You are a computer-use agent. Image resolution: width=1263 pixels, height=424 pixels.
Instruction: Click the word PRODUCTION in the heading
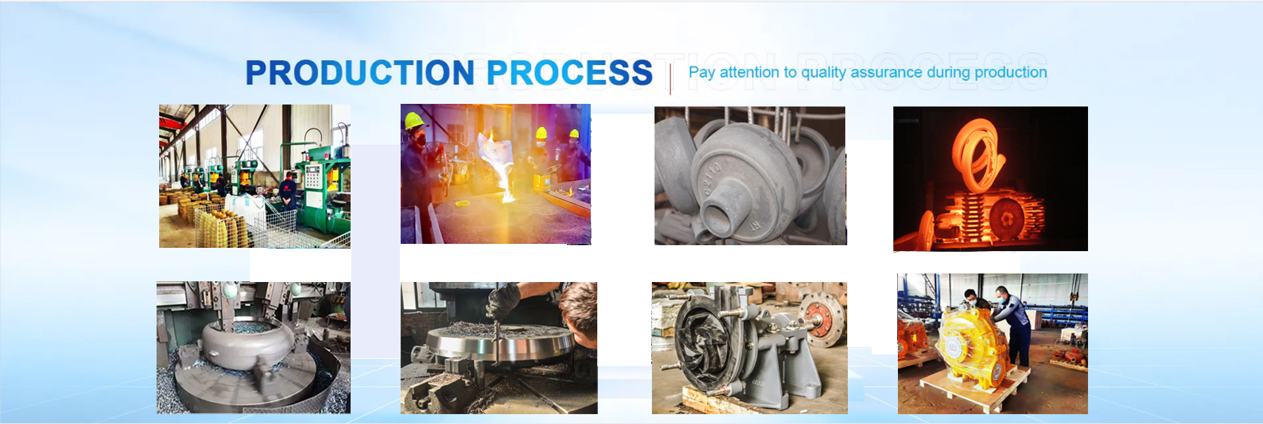[x=360, y=72]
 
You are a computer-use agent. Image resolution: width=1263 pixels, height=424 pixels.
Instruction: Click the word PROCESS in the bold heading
[x=570, y=72]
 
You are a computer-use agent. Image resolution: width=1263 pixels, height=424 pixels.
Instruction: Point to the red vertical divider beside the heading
[x=670, y=80]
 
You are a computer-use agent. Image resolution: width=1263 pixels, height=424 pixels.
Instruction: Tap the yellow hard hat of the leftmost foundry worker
[x=414, y=121]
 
